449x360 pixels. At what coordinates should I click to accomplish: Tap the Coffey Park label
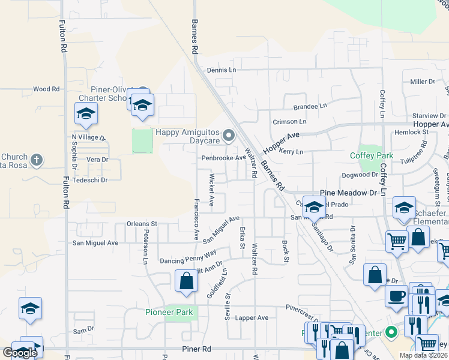pos(372,155)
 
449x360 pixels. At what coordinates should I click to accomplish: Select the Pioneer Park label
pos(169,312)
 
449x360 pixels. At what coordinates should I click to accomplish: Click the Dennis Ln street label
pos(221,70)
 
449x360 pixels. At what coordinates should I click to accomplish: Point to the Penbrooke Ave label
pos(223,158)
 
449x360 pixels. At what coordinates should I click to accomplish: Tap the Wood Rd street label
pos(46,89)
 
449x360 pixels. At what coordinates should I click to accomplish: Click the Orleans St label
pos(142,223)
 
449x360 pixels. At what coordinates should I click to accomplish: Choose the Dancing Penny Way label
pos(188,257)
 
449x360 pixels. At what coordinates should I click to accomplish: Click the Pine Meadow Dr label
pos(348,193)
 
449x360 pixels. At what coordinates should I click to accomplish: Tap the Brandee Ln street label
pos(310,107)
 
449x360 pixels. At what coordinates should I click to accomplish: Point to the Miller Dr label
pos(423,81)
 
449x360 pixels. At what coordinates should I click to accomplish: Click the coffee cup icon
pos(396,296)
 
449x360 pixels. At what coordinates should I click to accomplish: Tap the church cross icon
pos(37,160)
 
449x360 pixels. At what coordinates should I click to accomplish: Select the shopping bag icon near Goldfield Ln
pos(186,280)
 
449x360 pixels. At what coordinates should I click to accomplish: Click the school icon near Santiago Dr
pos(313,206)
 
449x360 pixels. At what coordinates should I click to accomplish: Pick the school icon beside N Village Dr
pos(86,113)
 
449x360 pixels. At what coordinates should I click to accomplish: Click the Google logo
pos(20,353)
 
